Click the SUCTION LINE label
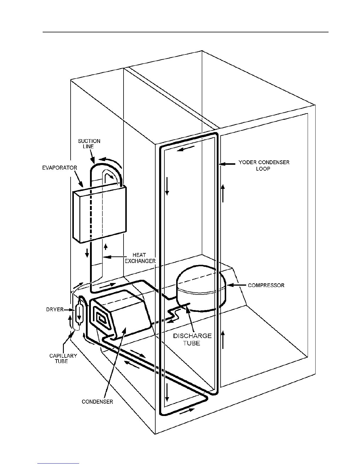[x=89, y=144]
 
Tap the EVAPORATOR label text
[x=59, y=168]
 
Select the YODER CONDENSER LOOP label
[x=264, y=165]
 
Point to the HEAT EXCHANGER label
[x=140, y=258]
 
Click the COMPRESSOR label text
[x=266, y=285]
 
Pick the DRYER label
[x=55, y=309]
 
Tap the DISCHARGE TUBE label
[x=192, y=339]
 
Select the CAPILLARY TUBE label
[x=63, y=358]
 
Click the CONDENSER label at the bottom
[x=97, y=402]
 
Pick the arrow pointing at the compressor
[x=234, y=285]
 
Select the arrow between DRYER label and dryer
[x=70, y=309]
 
